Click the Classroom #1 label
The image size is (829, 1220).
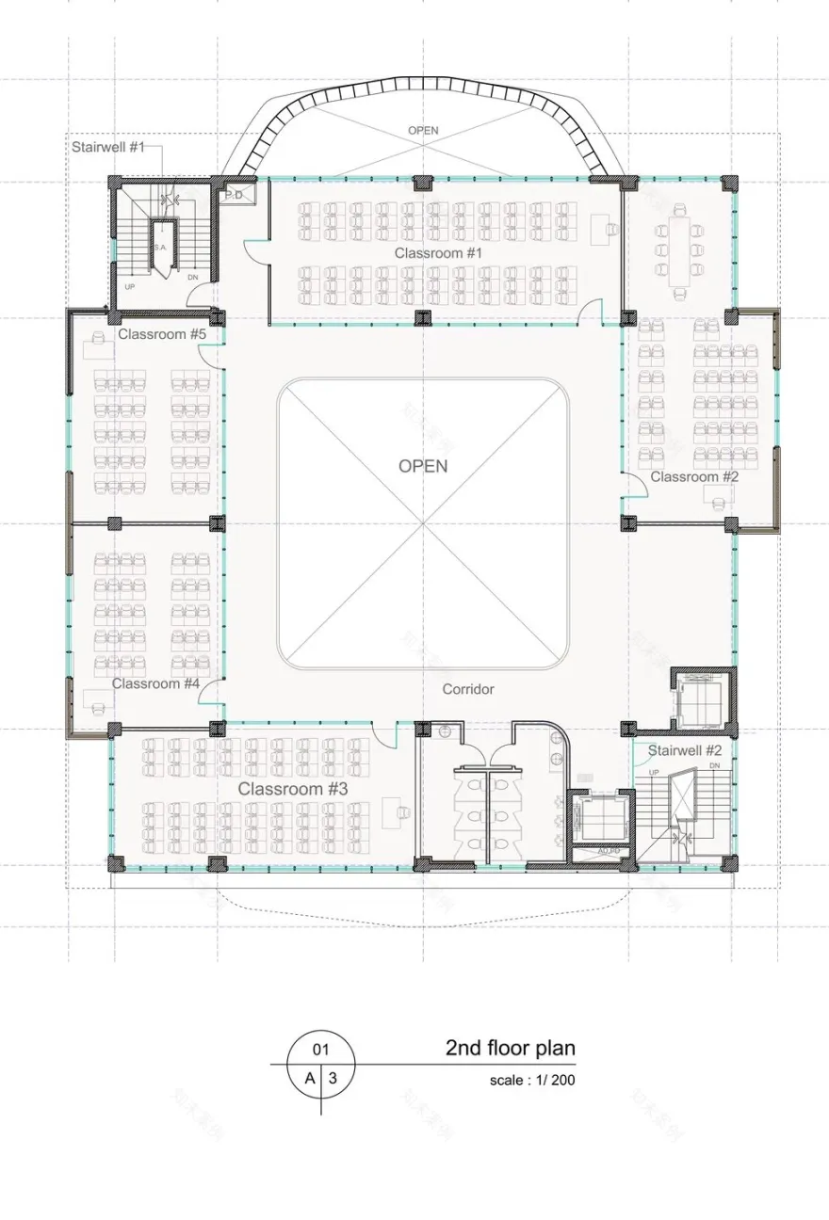438,253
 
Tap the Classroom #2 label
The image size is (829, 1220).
694,476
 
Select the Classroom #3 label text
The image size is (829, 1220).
292,789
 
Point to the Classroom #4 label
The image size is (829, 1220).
155,683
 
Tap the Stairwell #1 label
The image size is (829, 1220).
110,148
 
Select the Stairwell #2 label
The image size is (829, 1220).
685,750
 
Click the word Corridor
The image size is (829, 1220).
468,689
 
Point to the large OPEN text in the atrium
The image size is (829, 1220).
423,466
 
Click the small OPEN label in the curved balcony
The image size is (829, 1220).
423,130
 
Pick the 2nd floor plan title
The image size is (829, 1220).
510,1048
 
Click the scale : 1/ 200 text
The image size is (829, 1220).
531,1080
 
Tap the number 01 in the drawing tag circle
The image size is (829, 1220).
320,1049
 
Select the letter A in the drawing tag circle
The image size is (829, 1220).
309,1079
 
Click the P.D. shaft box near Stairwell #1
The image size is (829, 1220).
232,196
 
